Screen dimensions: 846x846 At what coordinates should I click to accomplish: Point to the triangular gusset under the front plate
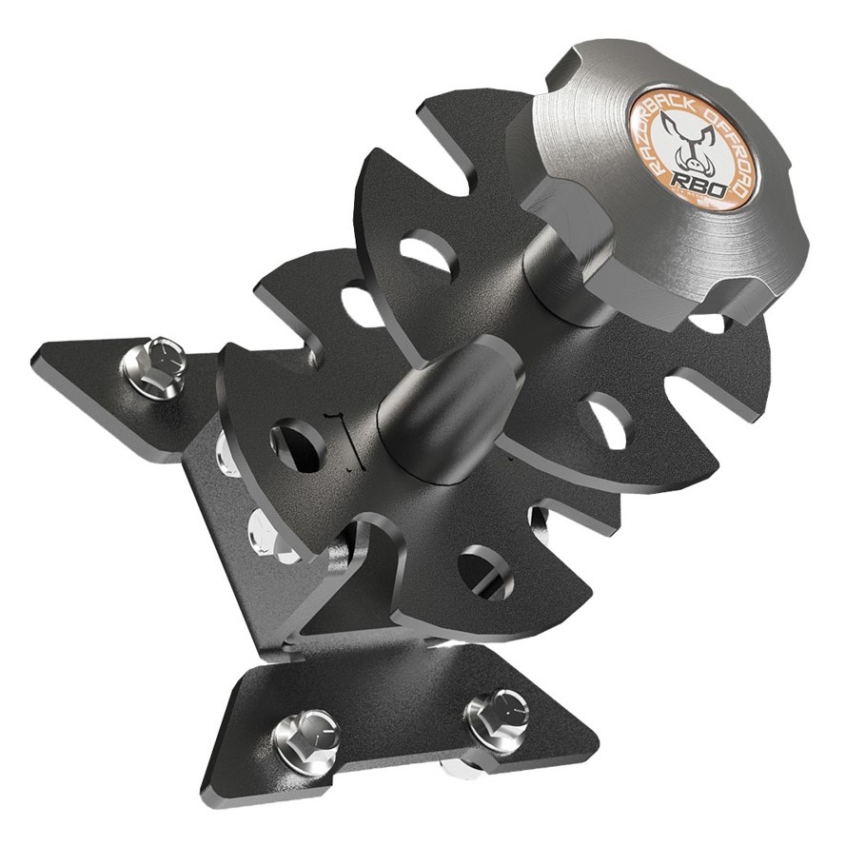pos(366,580)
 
